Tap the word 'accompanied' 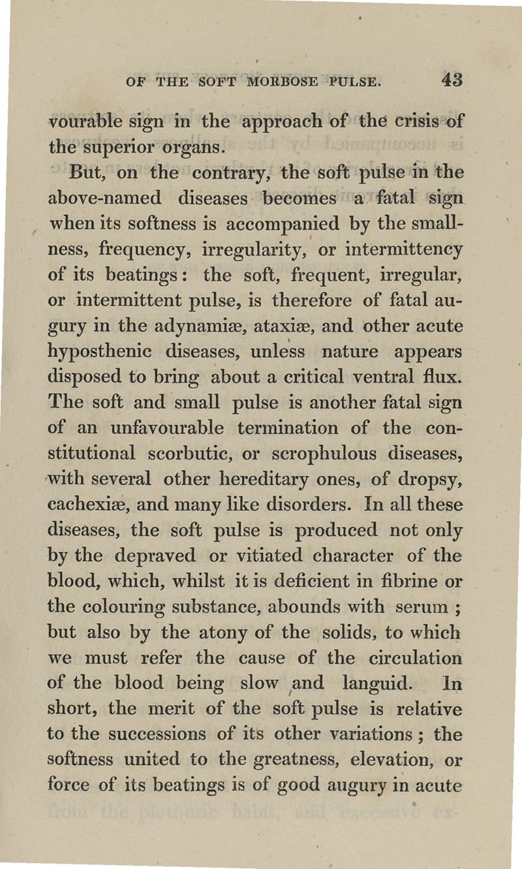[289, 225]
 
